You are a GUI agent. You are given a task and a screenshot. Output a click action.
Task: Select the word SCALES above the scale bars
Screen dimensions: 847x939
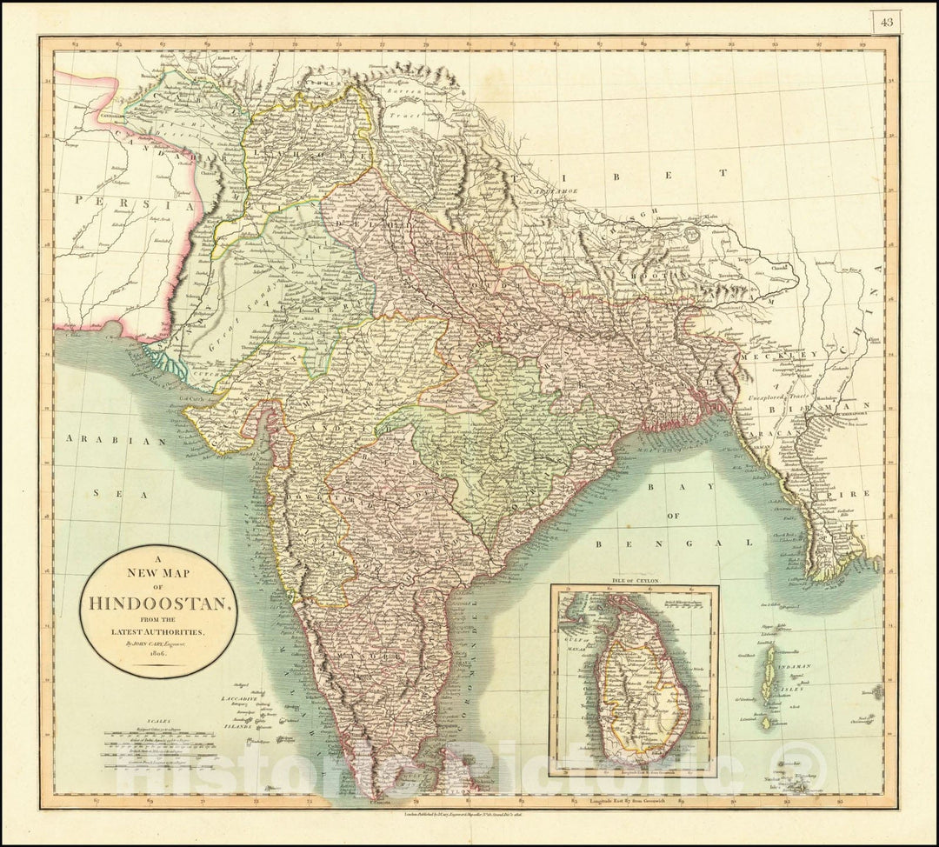coord(159,721)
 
